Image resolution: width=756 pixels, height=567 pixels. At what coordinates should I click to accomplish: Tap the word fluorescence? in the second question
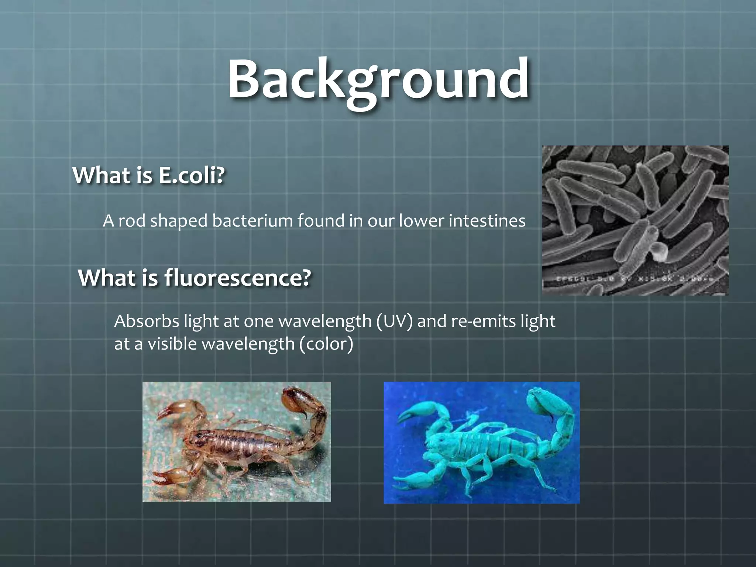[x=237, y=278]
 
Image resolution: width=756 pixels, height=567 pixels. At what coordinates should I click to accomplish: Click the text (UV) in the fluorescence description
[x=395, y=321]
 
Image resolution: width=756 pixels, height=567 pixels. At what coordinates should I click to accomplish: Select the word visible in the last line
[x=172, y=344]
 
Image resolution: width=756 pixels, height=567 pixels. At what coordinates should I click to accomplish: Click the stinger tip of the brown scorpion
[x=306, y=417]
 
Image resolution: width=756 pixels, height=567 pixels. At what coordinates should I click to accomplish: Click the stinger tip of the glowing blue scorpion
[x=552, y=420]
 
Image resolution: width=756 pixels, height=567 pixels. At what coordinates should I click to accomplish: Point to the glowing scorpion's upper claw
[x=413, y=412]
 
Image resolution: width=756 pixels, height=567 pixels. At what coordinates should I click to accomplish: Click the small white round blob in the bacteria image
[x=657, y=252]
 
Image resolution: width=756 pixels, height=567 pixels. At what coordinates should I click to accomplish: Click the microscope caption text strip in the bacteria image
[x=635, y=280]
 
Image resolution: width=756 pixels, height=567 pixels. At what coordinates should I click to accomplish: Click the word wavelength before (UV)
[x=325, y=321]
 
